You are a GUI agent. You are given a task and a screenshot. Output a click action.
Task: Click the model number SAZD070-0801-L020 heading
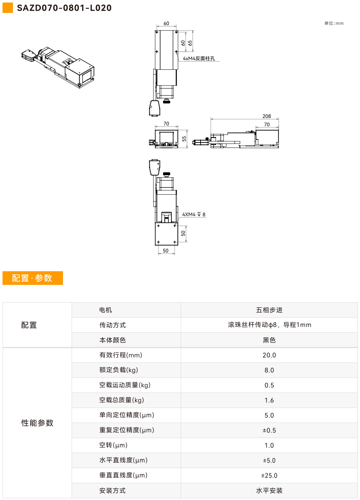(x=64, y=8)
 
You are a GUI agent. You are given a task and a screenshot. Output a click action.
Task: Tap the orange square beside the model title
(x=8, y=8)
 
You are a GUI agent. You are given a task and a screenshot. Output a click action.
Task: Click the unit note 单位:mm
(x=334, y=23)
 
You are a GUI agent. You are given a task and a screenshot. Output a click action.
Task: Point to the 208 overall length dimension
(x=267, y=116)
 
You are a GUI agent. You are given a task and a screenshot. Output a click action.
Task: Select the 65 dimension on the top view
(x=190, y=43)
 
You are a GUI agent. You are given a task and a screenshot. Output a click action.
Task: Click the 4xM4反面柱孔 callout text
(x=199, y=59)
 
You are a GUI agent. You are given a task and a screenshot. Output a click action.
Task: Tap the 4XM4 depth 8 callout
(x=194, y=214)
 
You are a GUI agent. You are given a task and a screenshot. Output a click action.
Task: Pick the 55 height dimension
(x=184, y=139)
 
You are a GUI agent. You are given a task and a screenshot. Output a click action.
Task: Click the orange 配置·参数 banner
(x=33, y=278)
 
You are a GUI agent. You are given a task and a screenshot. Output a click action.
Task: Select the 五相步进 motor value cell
(x=269, y=310)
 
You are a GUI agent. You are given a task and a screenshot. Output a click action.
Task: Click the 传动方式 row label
(x=113, y=325)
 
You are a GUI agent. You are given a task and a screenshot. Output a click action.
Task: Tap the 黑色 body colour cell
(x=269, y=340)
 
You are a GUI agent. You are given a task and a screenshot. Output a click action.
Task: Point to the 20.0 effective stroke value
(x=269, y=355)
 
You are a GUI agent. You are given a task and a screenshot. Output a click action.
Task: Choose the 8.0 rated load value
(x=269, y=370)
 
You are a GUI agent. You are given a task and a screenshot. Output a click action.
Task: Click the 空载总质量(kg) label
(x=122, y=400)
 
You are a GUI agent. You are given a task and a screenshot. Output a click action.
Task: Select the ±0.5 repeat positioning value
(x=269, y=430)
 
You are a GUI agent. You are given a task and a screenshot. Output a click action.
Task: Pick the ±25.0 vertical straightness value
(x=269, y=475)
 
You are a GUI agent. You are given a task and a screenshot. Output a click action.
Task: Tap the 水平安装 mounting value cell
(x=269, y=490)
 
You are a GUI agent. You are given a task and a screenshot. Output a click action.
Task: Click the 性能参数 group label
(x=37, y=423)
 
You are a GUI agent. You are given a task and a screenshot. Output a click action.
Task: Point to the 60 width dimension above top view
(x=166, y=23)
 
